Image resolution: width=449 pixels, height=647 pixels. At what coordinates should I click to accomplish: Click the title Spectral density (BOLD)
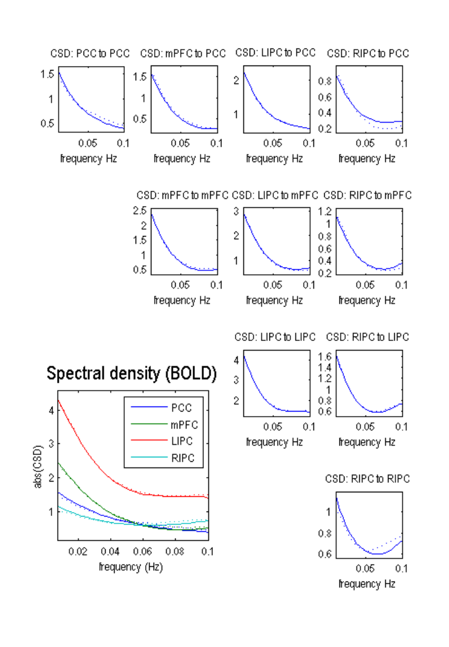click(x=132, y=373)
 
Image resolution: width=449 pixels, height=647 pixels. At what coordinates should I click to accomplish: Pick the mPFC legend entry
click(x=184, y=424)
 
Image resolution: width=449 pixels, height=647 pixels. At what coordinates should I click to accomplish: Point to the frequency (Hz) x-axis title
click(x=130, y=566)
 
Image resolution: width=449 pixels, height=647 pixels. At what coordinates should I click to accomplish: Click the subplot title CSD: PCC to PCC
click(x=90, y=54)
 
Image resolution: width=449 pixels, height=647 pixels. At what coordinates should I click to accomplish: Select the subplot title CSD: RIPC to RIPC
click(x=367, y=479)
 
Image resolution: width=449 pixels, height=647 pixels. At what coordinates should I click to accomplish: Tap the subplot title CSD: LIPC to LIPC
click(x=275, y=337)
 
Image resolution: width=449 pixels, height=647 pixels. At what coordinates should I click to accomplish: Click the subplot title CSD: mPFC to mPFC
click(x=182, y=195)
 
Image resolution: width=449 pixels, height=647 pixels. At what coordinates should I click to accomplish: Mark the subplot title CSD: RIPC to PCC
click(x=368, y=54)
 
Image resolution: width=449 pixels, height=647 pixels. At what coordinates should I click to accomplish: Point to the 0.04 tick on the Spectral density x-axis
click(x=110, y=551)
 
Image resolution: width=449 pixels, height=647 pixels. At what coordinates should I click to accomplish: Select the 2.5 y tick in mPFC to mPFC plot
click(x=140, y=211)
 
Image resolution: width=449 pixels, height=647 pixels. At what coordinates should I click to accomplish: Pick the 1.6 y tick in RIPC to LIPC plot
click(x=325, y=357)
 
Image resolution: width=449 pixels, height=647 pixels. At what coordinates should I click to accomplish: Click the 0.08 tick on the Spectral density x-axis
click(x=176, y=551)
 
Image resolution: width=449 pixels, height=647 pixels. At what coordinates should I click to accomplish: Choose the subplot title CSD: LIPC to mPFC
click(x=275, y=195)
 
